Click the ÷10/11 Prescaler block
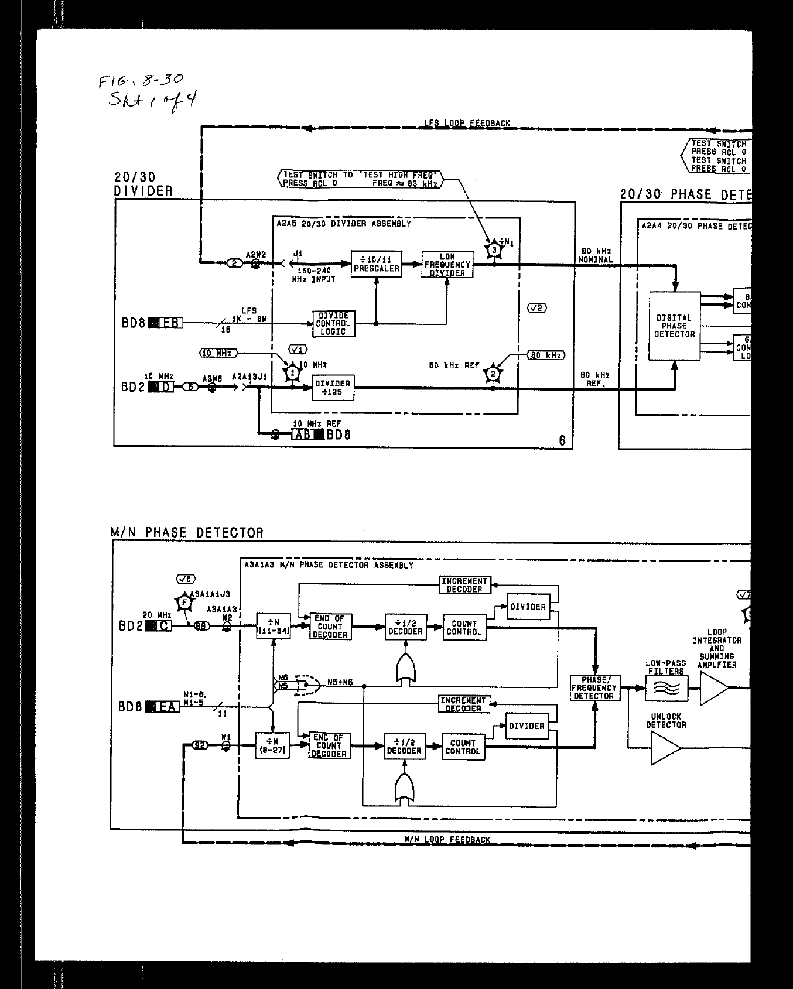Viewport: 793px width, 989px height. coord(376,263)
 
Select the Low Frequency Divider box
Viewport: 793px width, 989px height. coord(447,265)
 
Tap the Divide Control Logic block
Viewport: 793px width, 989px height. coord(333,323)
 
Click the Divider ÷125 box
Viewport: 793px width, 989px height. coord(333,388)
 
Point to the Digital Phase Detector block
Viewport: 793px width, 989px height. coord(674,326)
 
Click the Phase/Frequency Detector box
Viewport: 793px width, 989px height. coord(594,688)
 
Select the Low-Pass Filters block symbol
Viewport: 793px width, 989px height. coord(666,688)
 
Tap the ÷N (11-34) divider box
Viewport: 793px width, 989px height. coord(273,627)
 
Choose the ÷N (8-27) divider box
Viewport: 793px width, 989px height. coord(272,746)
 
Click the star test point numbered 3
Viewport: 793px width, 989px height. coord(494,250)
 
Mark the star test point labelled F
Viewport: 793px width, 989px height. coord(184,602)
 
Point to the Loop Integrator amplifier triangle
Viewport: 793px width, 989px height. coord(714,688)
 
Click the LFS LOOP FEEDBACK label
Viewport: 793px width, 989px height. coord(467,124)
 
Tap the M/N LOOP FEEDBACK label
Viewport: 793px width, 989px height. coord(447,839)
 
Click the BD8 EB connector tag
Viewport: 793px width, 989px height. coord(165,322)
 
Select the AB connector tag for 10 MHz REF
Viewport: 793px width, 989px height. coord(307,434)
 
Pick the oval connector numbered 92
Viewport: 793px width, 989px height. coord(200,745)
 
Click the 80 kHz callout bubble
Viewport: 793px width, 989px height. coord(546,355)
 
